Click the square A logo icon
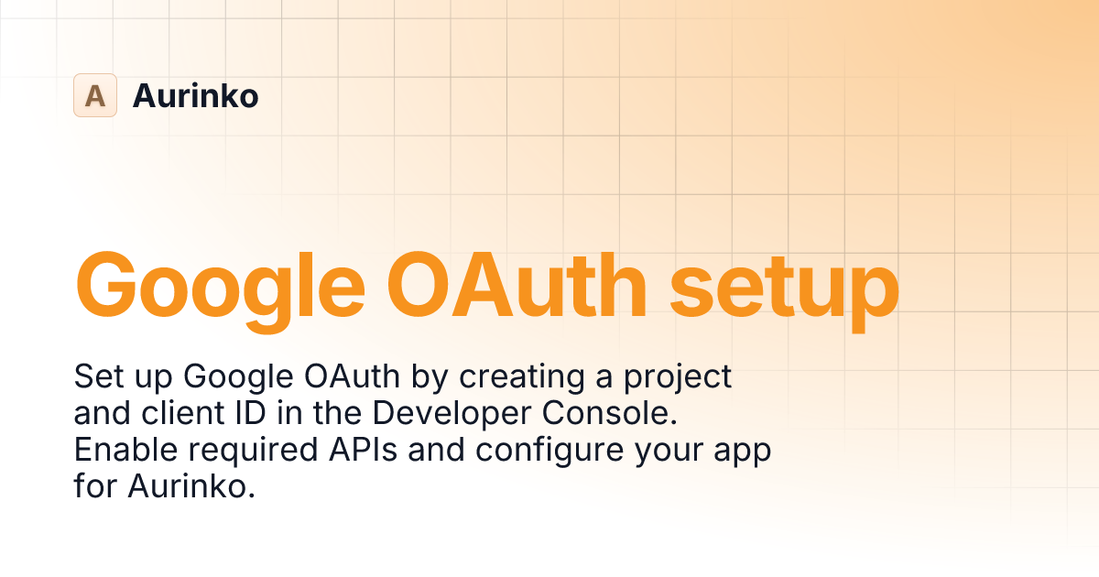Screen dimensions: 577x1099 [x=95, y=95]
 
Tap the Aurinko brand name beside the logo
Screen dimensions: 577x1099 [x=195, y=95]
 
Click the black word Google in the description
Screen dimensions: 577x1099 [x=230, y=377]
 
